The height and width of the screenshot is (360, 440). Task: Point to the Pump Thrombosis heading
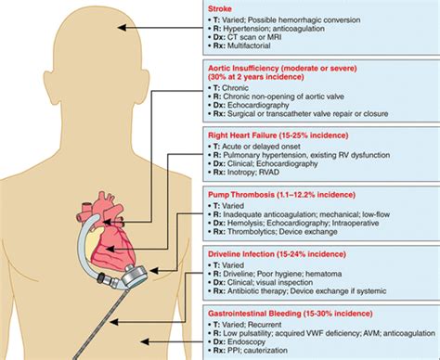click(278, 189)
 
